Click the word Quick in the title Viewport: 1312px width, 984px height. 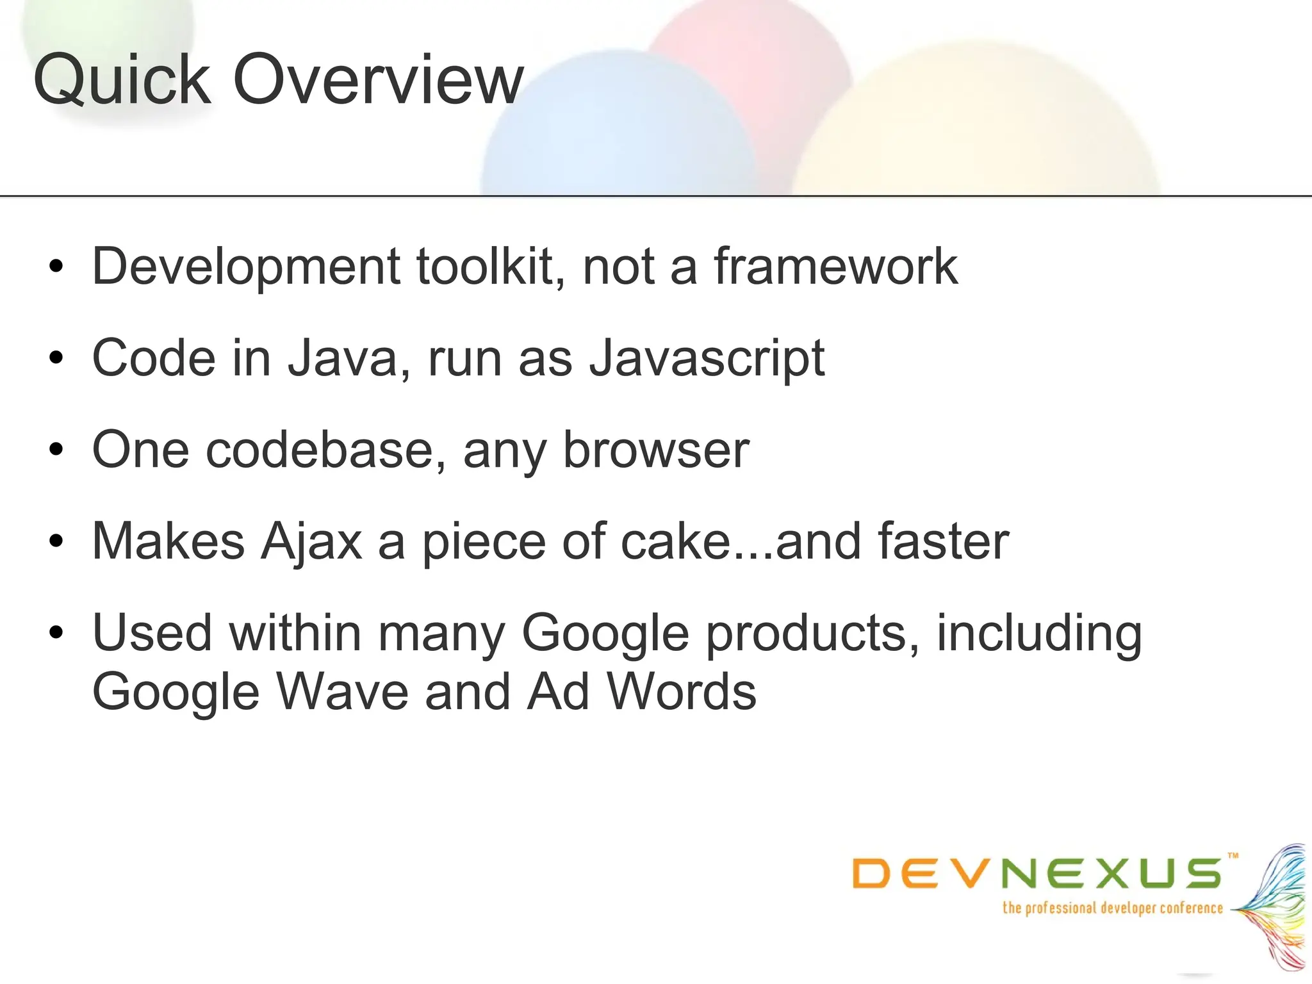[x=122, y=80]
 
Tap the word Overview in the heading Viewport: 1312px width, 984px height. [x=379, y=80]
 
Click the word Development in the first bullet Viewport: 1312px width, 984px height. [x=246, y=266]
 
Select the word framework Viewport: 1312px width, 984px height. [x=835, y=266]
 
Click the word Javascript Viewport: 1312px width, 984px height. [x=707, y=359]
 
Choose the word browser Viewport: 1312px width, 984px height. [x=656, y=450]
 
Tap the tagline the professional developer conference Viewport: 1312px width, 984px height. [x=1113, y=908]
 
